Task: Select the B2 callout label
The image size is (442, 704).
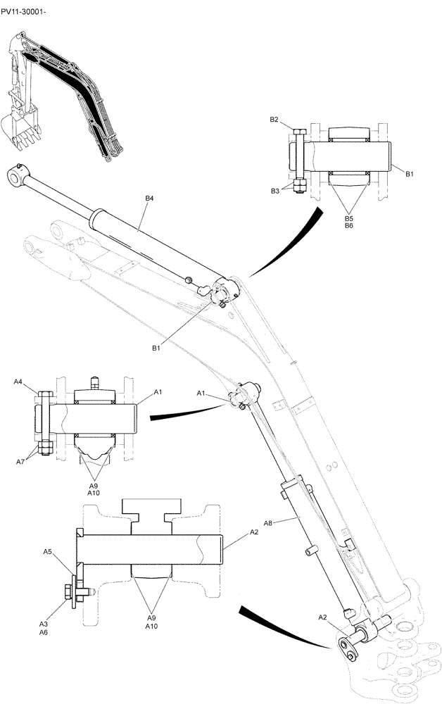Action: (x=274, y=120)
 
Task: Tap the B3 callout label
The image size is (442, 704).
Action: (x=276, y=191)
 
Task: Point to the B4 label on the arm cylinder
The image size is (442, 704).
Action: (x=149, y=199)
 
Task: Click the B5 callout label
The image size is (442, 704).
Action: (x=348, y=220)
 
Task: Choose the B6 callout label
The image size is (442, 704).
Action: (x=348, y=227)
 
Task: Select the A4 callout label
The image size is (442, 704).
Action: (x=18, y=382)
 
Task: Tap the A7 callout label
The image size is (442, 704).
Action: (x=20, y=462)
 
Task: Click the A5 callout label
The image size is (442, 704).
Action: (x=48, y=552)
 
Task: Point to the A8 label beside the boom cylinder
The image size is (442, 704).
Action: (x=267, y=523)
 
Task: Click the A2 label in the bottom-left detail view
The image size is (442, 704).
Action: (x=253, y=534)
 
